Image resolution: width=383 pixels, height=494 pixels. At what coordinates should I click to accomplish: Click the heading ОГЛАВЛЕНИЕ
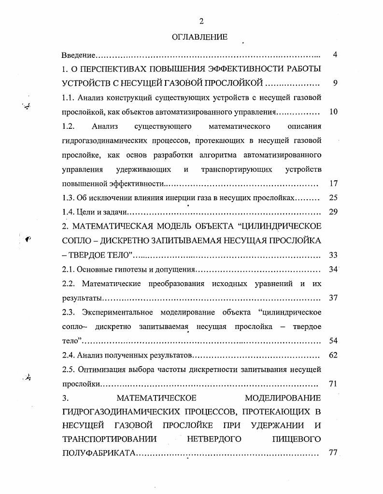point(199,37)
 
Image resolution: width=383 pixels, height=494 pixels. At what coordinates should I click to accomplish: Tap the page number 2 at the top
point(201,21)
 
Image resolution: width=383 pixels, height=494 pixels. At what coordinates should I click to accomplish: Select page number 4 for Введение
point(335,55)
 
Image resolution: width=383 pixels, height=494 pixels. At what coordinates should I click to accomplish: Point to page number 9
point(335,82)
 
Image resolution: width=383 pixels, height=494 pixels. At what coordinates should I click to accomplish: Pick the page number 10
point(333,112)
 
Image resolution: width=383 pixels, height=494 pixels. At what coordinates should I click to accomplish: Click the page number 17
point(333,183)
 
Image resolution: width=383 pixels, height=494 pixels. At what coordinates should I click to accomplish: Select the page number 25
point(333,197)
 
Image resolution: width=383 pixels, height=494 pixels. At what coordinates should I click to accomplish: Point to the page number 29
point(333,212)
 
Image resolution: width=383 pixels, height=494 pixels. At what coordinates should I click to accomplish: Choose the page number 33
point(333,255)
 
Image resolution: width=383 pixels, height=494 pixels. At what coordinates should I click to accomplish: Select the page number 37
point(333,298)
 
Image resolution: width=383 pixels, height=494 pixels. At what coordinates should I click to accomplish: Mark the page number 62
point(333,356)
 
